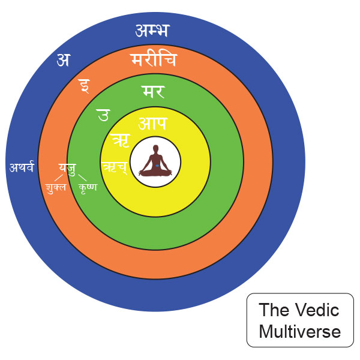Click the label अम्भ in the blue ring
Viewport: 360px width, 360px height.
pyautogui.click(x=152, y=31)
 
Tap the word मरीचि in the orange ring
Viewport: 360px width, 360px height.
pyautogui.click(x=154, y=59)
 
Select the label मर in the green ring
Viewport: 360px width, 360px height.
pyautogui.click(x=154, y=92)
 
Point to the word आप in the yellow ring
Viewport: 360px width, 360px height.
pyautogui.click(x=153, y=123)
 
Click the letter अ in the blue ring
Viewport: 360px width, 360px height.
pyautogui.click(x=63, y=60)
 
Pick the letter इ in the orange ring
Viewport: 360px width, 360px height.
pyautogui.click(x=84, y=86)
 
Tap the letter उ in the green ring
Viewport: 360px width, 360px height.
pyautogui.click(x=104, y=115)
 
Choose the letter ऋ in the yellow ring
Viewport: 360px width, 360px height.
pyautogui.click(x=121, y=140)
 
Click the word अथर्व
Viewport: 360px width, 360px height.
pyautogui.click(x=22, y=167)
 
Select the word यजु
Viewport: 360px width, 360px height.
pyautogui.click(x=67, y=169)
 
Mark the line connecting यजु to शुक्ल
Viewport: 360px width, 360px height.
pyautogui.click(x=58, y=178)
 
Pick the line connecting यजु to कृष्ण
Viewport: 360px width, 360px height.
pyautogui.click(x=82, y=178)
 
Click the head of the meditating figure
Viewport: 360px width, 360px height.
pyautogui.click(x=155, y=149)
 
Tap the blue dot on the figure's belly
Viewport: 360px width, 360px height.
pyautogui.click(x=157, y=166)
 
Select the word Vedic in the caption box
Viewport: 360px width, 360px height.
pyautogui.click(x=317, y=310)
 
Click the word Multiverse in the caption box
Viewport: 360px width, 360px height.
pyautogui.click(x=300, y=332)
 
